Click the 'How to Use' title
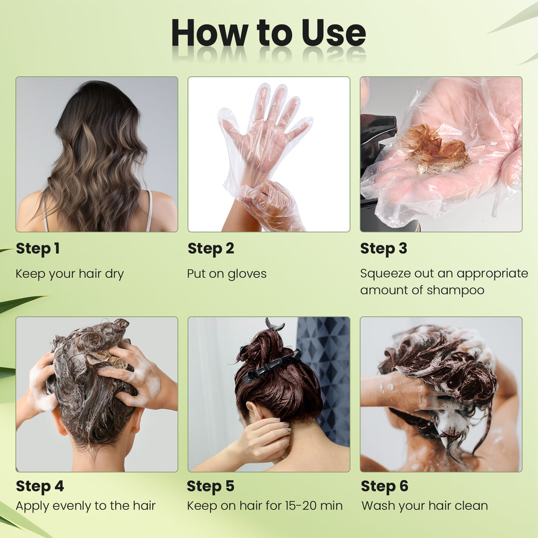tap(268, 33)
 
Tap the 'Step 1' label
tap(38, 249)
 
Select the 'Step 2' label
tap(211, 249)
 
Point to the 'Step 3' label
tap(384, 249)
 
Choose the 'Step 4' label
tap(40, 487)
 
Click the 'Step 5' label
tap(211, 487)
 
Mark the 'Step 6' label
tap(385, 487)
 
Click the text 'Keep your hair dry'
tap(70, 274)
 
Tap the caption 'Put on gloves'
tap(227, 274)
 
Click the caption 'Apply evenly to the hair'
tap(86, 506)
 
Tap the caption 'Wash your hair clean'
tap(425, 506)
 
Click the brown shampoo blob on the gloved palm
tap(435, 149)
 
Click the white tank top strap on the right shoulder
tap(149, 211)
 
